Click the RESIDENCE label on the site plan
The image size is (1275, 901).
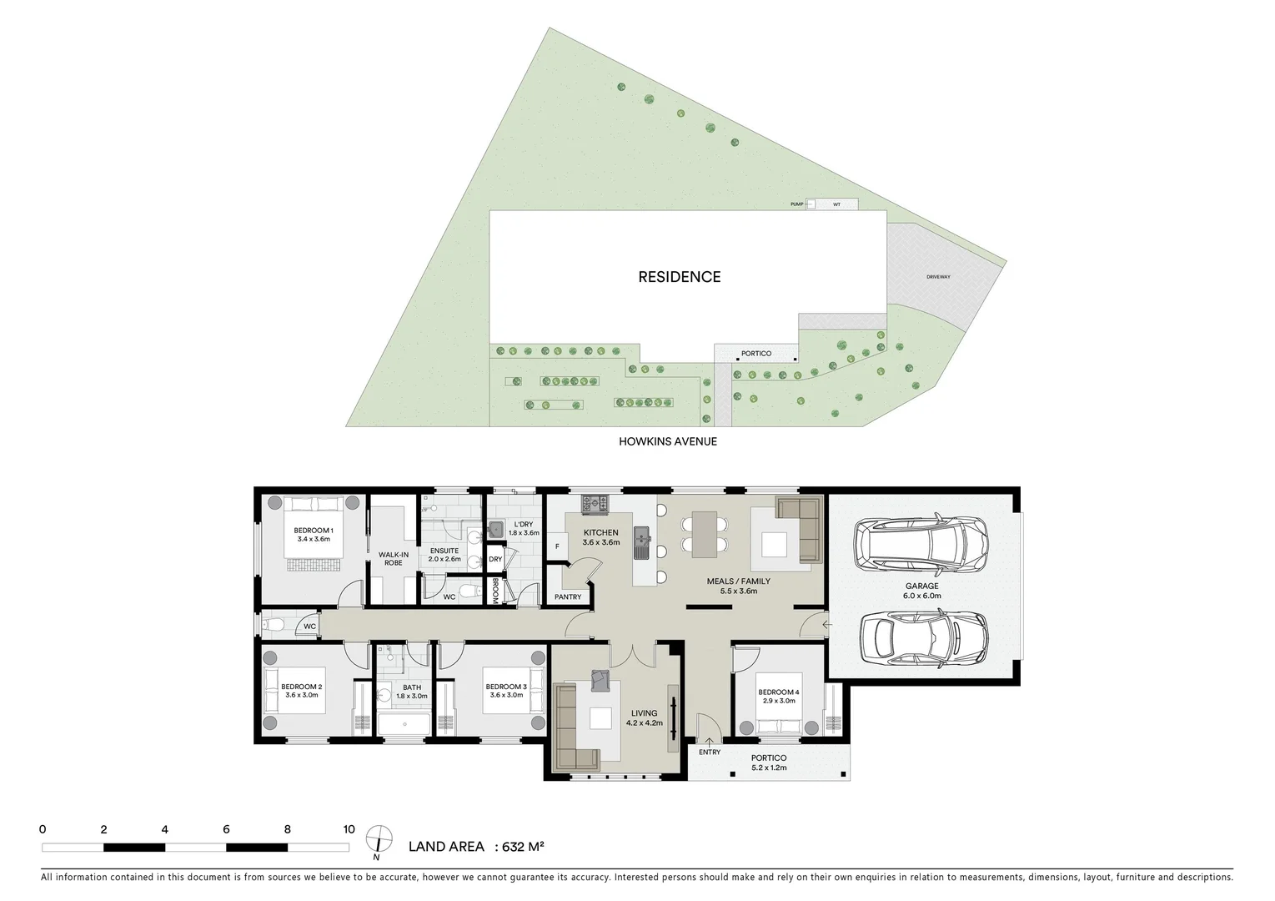(679, 277)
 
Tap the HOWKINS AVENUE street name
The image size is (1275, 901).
(667, 441)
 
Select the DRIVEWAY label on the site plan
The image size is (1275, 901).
(938, 277)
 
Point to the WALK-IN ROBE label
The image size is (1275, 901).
(393, 558)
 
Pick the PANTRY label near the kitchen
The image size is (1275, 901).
(568, 597)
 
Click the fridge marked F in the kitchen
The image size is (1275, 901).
(556, 546)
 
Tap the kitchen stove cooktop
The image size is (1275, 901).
(595, 503)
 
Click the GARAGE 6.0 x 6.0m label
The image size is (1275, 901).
(921, 591)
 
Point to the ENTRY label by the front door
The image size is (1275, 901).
(710, 752)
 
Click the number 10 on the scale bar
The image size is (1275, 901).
(349, 829)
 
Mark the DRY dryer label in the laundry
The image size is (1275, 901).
(495, 559)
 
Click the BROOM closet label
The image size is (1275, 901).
(495, 591)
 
